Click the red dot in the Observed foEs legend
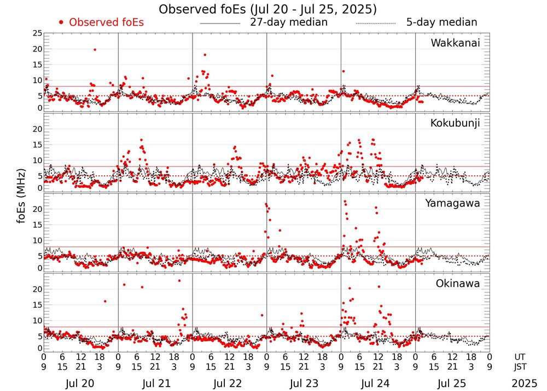[61, 22]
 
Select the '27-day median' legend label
[289, 22]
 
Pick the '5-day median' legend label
[442, 22]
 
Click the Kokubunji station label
[455, 123]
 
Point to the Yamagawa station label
[453, 203]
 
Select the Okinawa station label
[457, 284]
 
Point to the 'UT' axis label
[520, 357]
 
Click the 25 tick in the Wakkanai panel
[37, 33]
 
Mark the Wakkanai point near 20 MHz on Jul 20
[95, 49]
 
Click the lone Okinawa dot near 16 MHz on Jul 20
[105, 301]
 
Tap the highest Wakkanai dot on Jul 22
[205, 55]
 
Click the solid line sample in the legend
[220, 24]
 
